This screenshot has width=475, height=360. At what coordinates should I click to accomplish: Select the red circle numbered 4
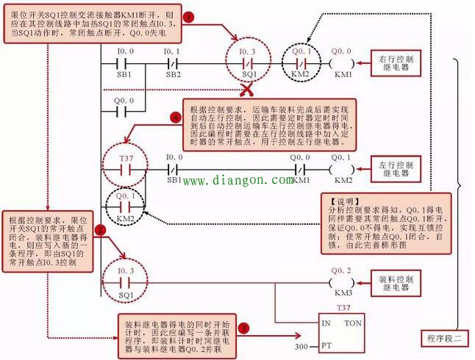coord(174,117)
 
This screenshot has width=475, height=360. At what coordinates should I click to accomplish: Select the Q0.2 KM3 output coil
coord(343,282)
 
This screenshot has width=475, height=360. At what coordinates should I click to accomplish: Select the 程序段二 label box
coord(446,338)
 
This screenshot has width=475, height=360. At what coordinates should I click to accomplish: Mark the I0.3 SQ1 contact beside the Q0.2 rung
coord(125,282)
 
